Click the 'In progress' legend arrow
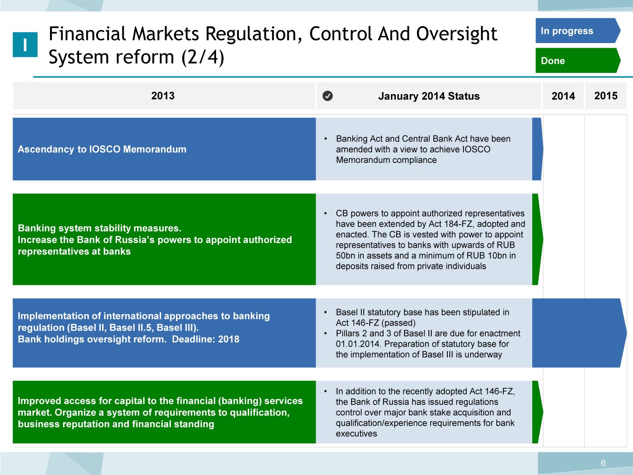click(x=578, y=30)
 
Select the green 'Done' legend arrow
click(x=578, y=60)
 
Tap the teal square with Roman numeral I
click(x=25, y=44)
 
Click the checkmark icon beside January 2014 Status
click(x=327, y=96)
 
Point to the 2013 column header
click(x=163, y=95)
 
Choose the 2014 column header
click(x=563, y=96)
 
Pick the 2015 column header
click(x=606, y=95)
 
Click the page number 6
click(x=603, y=463)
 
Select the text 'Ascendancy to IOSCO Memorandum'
click(x=102, y=149)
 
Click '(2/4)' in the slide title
click(x=203, y=57)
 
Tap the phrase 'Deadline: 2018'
click(x=206, y=339)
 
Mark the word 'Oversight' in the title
click(x=457, y=34)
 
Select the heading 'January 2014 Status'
click(x=429, y=96)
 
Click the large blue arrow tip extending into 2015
click(x=626, y=333)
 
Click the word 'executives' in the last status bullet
click(x=357, y=434)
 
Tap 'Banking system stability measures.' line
click(x=100, y=228)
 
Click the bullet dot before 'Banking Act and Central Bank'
click(x=326, y=139)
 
